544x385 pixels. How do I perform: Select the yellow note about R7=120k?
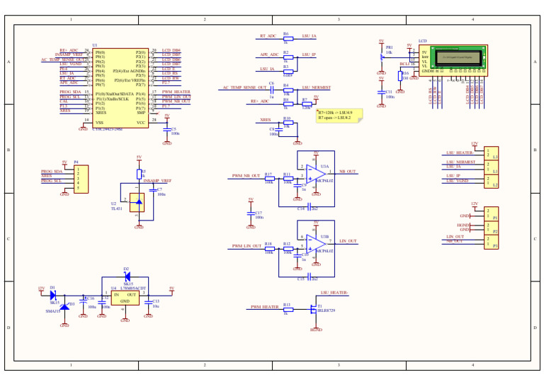[339, 115]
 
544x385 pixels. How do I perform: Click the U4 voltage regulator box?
[125, 298]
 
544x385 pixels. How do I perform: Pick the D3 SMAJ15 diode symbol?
[64, 306]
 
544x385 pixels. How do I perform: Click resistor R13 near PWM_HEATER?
[286, 308]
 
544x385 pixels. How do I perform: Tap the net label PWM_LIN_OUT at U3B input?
[246, 246]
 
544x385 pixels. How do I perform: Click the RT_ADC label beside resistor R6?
[267, 35]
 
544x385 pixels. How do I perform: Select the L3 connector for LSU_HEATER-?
[491, 153]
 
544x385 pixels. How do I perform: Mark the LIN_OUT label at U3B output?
[348, 241]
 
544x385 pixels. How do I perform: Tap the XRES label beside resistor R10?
[265, 120]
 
